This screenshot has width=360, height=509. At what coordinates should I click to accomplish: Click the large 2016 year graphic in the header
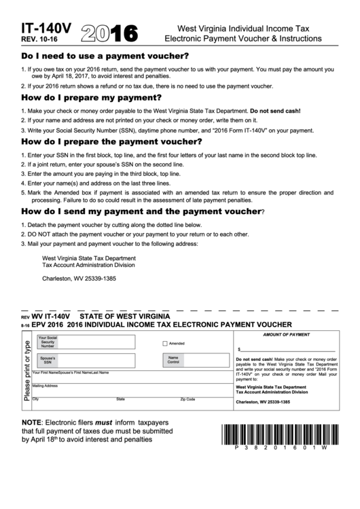pos(109,33)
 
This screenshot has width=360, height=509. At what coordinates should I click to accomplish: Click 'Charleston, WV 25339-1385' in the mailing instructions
pos(79,279)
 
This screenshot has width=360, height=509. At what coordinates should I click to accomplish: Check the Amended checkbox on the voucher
pos(165,343)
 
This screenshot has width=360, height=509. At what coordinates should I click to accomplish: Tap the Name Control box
pos(197,360)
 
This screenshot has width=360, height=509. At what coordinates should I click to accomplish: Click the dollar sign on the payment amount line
pos(238,347)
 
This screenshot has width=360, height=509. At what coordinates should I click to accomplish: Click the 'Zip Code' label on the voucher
pos(187,399)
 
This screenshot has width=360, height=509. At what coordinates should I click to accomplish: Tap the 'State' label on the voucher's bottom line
pos(120,399)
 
